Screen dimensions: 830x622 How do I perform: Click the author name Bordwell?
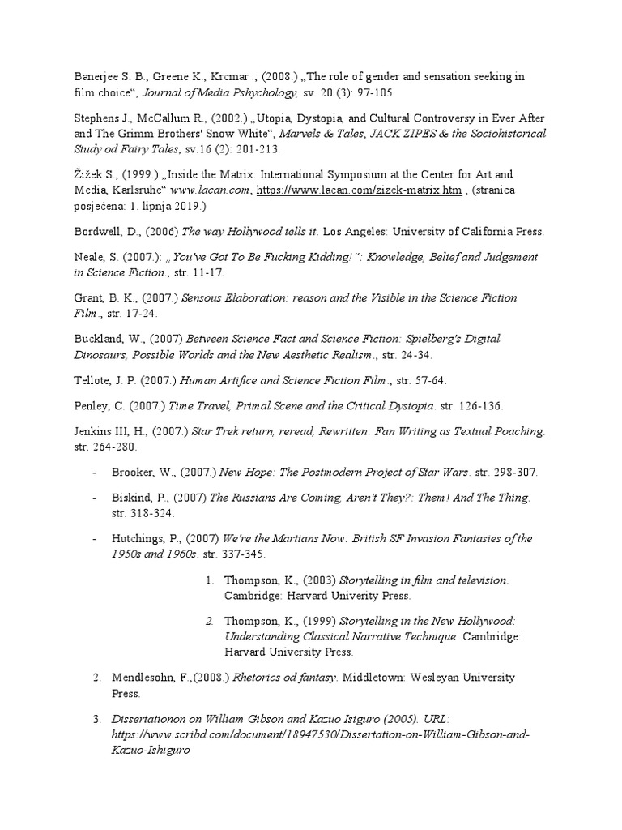(x=96, y=231)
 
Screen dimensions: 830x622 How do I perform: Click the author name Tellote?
(x=91, y=380)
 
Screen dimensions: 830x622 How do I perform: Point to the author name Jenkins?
(x=92, y=431)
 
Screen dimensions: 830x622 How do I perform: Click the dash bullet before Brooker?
(x=96, y=473)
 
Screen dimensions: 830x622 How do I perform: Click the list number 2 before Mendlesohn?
(x=96, y=677)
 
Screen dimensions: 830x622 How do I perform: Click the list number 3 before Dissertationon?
(x=96, y=719)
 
